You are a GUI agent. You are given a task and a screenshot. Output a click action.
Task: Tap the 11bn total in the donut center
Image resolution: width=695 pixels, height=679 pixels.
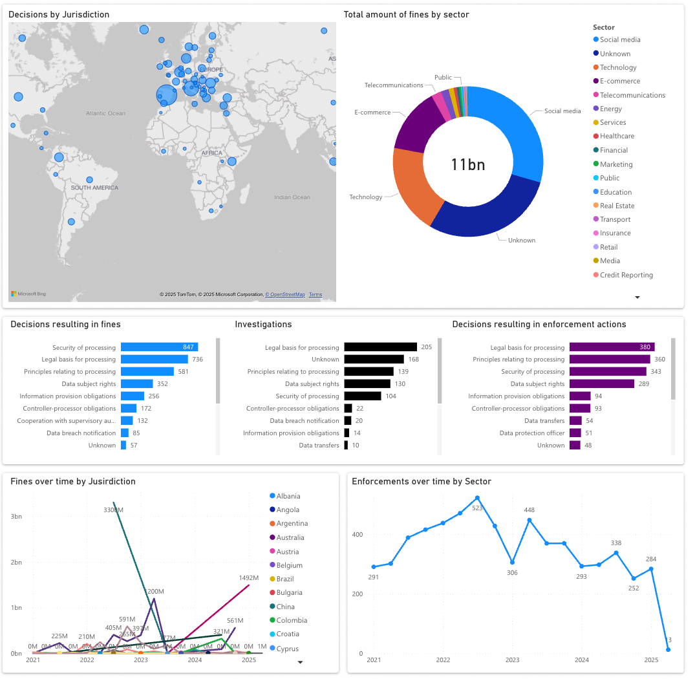(x=467, y=165)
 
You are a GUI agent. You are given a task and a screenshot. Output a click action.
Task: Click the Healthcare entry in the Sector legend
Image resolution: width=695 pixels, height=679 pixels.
(x=617, y=136)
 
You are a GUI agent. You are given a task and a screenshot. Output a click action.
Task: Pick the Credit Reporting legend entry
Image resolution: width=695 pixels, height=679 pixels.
(x=626, y=275)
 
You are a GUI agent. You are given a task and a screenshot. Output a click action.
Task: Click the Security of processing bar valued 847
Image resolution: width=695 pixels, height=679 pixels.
(x=159, y=347)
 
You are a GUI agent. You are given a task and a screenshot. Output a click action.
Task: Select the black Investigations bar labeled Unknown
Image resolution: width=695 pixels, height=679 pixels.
(x=374, y=360)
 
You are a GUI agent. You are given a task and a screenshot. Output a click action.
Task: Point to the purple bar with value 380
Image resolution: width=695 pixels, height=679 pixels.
(x=612, y=347)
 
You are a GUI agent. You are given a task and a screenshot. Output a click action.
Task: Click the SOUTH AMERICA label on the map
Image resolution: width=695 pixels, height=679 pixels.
(x=95, y=188)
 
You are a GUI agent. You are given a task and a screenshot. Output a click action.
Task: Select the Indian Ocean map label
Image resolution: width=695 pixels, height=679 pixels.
(x=292, y=197)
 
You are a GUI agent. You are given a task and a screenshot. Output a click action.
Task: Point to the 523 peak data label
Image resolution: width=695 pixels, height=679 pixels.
(x=478, y=508)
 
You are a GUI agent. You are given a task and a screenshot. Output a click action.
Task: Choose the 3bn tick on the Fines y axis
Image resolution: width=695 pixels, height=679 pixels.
(x=16, y=517)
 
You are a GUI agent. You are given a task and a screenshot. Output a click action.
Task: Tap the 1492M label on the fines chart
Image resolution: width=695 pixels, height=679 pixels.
(x=249, y=578)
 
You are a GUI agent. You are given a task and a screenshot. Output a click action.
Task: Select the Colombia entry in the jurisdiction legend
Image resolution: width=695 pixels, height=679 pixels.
(x=291, y=621)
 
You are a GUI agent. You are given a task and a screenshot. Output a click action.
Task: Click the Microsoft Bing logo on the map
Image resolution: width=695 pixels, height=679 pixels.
(x=28, y=294)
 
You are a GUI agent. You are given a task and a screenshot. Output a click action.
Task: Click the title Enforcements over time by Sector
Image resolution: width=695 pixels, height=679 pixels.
(x=421, y=482)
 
